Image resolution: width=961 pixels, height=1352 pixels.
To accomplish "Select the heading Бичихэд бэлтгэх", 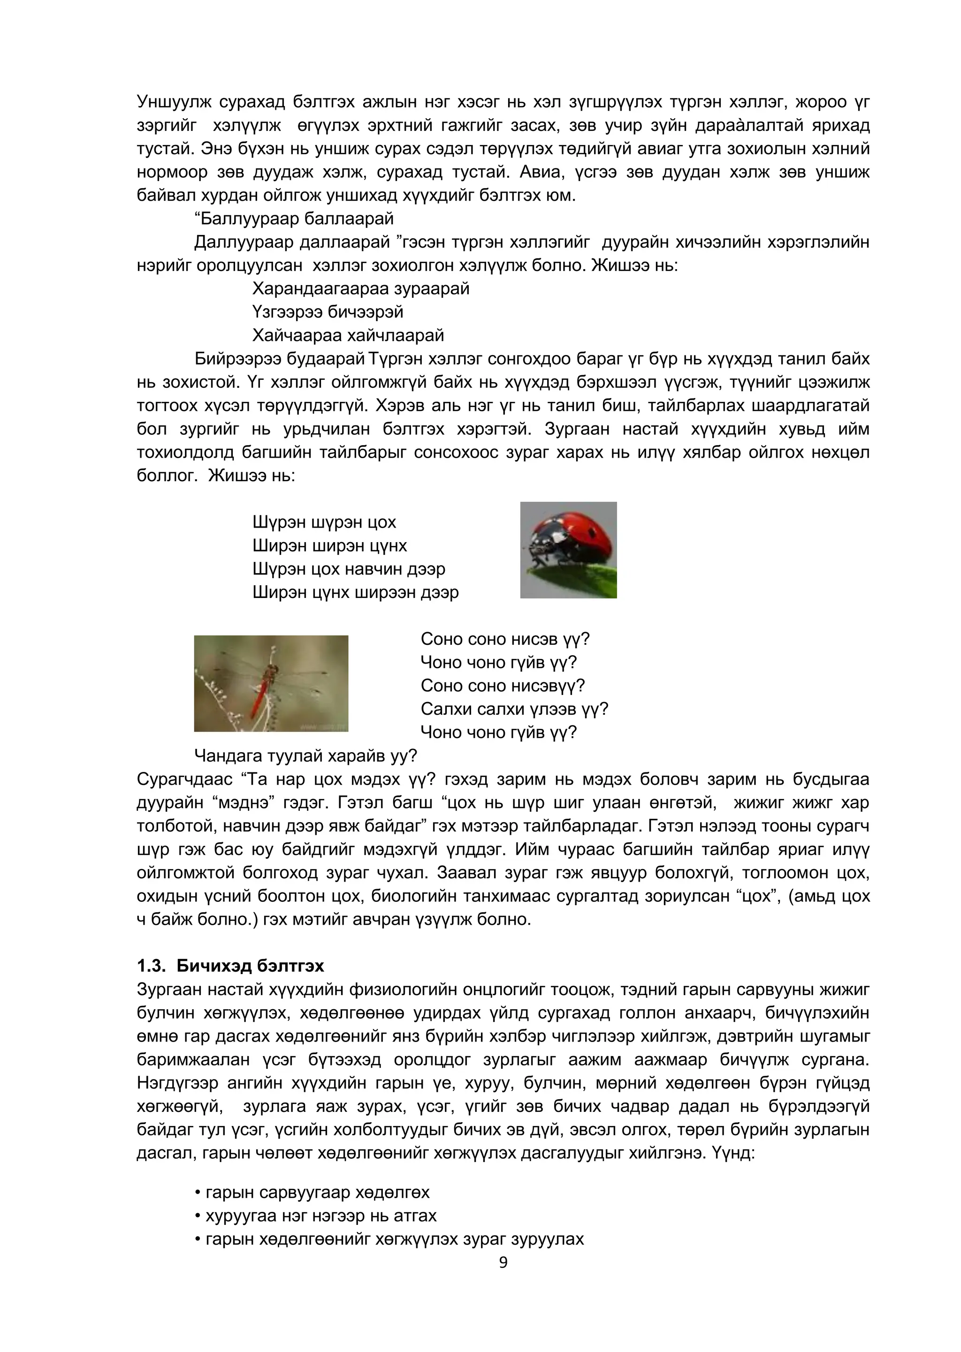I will (x=250, y=966).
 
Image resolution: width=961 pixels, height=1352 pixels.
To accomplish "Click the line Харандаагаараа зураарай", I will (x=360, y=288).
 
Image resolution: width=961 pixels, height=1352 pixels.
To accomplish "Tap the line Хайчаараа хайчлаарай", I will (x=348, y=335).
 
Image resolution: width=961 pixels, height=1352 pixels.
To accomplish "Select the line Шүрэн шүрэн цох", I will (x=324, y=522).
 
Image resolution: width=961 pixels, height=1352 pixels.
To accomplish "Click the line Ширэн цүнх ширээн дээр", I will (x=355, y=592).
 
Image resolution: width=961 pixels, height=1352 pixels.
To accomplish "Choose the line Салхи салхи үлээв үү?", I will (x=514, y=709).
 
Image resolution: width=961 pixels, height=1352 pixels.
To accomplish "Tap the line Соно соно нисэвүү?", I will (x=503, y=686).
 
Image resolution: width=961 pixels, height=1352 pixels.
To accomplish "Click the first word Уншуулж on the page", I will (x=173, y=102).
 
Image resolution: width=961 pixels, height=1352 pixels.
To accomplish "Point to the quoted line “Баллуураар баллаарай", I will (x=294, y=219).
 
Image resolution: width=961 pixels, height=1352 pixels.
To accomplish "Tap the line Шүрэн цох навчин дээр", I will (x=349, y=569).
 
